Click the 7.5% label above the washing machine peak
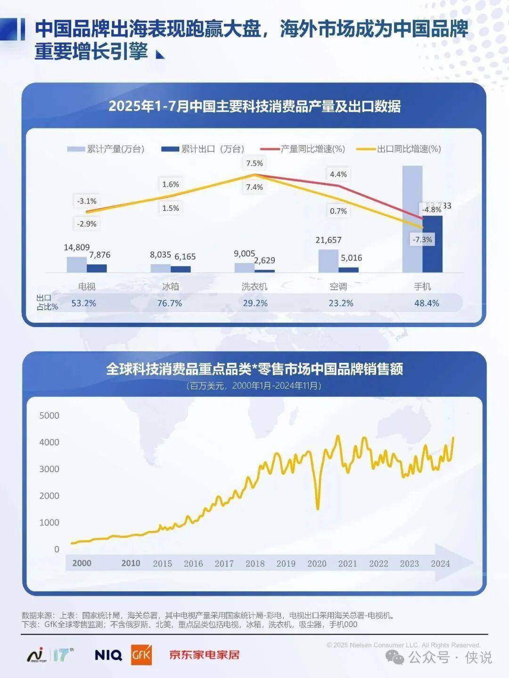click(254, 163)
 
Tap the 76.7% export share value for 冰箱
click(169, 303)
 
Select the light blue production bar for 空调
click(328, 261)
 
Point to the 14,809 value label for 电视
click(76, 247)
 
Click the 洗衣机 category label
click(254, 286)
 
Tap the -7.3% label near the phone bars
click(422, 239)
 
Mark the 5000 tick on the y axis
click(49, 415)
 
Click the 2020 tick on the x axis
click(317, 564)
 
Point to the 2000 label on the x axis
click(82, 563)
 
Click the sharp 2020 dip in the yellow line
click(318, 508)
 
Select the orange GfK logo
click(141, 654)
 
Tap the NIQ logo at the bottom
click(108, 655)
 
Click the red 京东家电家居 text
click(205, 655)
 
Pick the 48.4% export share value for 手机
click(427, 303)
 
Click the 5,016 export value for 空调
click(352, 258)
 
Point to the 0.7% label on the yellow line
click(338, 211)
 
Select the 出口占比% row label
click(46, 302)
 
